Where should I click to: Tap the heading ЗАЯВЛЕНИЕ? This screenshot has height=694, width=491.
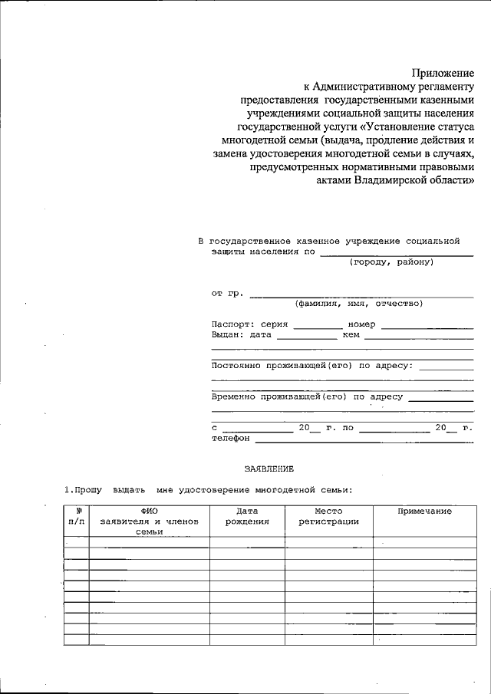coord(269,467)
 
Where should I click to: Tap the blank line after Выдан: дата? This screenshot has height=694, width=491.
coord(307,337)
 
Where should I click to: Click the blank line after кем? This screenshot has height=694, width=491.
coord(419,337)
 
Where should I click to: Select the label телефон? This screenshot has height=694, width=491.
coord(231,439)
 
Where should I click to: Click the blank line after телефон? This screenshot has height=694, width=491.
coord(364,442)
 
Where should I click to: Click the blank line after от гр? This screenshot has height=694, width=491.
coord(361,295)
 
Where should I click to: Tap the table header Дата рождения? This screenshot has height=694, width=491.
coord(247,516)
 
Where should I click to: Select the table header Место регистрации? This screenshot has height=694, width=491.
coord(328,516)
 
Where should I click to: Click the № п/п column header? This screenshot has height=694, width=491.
coord(77,516)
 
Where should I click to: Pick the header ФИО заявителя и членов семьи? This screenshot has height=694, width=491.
coord(150,521)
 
